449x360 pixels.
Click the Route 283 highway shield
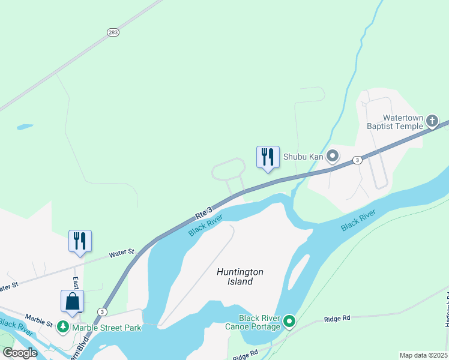[113, 32]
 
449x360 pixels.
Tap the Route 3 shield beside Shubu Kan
[357, 160]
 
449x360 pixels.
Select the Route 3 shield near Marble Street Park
[103, 312]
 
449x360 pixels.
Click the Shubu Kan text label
[303, 157]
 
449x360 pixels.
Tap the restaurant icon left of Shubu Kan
[268, 157]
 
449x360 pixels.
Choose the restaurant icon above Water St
[80, 241]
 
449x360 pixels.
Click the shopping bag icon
[72, 301]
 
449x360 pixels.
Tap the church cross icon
[432, 122]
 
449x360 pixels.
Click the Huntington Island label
[240, 277]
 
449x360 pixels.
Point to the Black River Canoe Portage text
[259, 322]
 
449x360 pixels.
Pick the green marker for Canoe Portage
[289, 322]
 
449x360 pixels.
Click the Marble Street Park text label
[107, 328]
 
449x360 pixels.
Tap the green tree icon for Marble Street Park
[63, 328]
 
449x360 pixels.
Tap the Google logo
[20, 352]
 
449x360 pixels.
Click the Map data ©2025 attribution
[423, 355]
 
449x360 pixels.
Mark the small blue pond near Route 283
[25, 127]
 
